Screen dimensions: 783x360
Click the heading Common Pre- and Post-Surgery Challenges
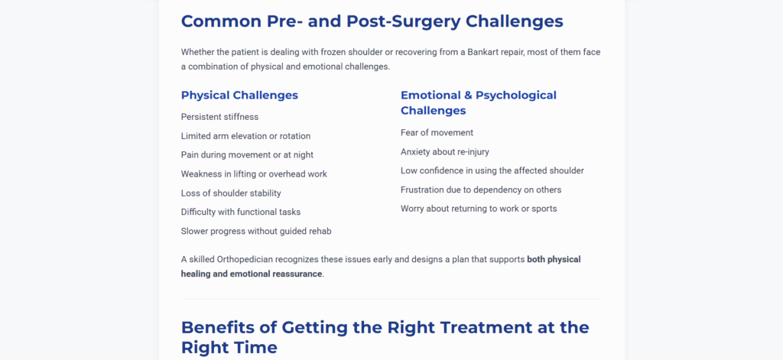pos(372,21)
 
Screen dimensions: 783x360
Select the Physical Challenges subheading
pos(239,96)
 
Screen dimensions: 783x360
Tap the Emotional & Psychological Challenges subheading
pos(479,103)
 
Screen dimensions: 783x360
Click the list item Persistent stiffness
pos(219,117)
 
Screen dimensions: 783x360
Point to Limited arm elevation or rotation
pos(245,136)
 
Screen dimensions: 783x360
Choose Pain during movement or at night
pos(247,155)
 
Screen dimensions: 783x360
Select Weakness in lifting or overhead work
pos(254,174)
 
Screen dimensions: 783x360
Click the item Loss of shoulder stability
pos(231,193)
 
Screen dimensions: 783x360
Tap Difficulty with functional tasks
pos(241,212)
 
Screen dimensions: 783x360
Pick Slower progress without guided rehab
pos(256,231)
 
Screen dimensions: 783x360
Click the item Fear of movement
pos(437,132)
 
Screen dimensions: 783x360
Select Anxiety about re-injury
pos(445,152)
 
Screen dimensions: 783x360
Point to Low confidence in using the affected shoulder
pos(492,170)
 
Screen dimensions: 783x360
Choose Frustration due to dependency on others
pos(481,190)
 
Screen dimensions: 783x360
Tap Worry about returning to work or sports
pos(479,209)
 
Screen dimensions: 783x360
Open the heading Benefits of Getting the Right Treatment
pos(385,337)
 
